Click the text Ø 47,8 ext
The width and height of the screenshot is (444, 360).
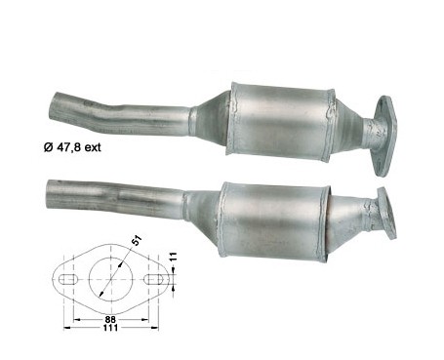[72, 147]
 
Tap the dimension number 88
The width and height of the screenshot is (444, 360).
[110, 319]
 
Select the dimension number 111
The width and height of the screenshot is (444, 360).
[110, 328]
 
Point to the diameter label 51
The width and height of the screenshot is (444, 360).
[137, 241]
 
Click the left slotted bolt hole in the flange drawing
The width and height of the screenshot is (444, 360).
[68, 279]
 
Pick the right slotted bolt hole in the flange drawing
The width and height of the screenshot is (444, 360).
[154, 279]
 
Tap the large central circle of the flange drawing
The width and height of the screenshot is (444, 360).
[111, 279]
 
